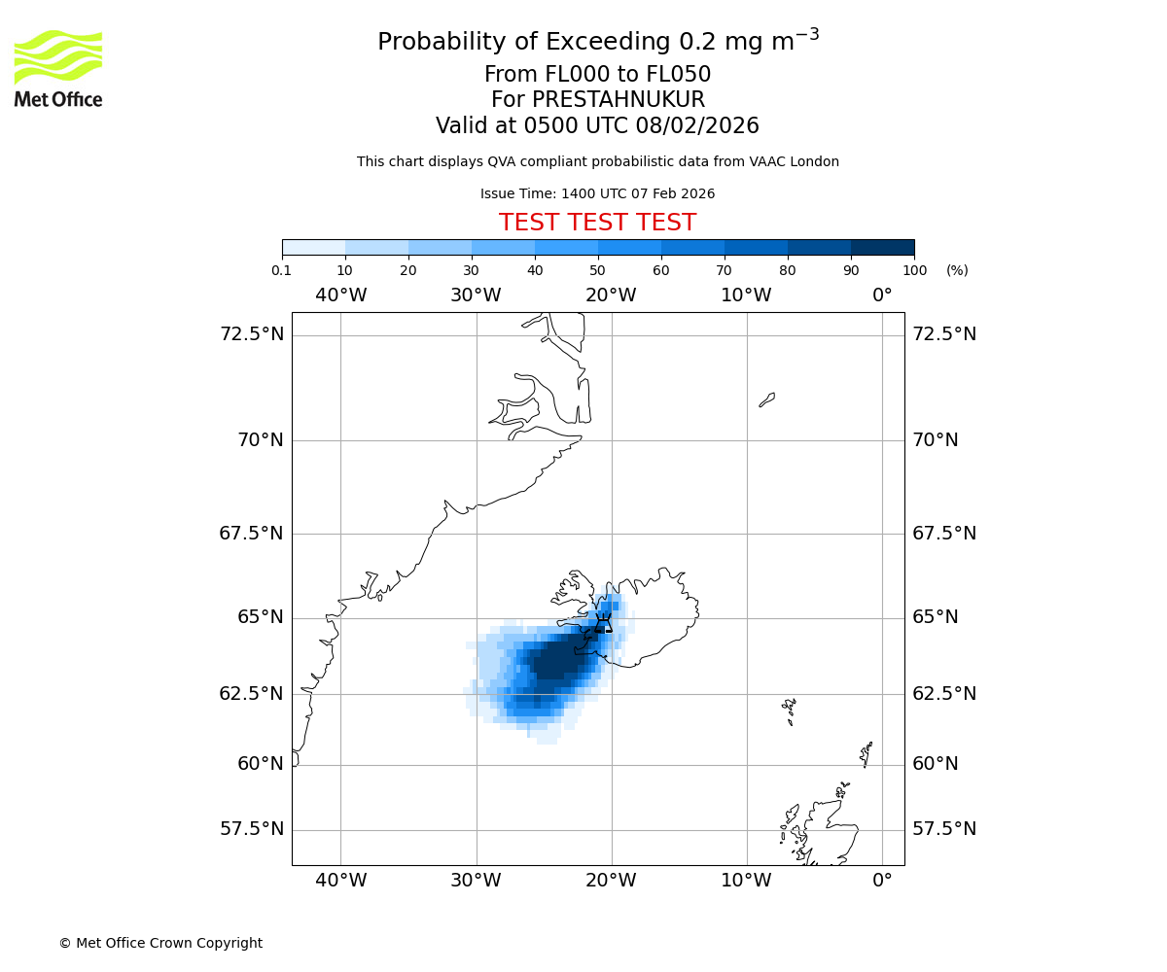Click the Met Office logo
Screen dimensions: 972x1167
pyautogui.click(x=58, y=68)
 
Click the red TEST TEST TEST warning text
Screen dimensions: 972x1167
pyautogui.click(x=597, y=223)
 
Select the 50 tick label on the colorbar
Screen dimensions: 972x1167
pyautogui.click(x=597, y=270)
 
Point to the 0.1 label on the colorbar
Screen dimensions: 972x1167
pyautogui.click(x=282, y=270)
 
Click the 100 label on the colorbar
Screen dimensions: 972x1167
pyautogui.click(x=914, y=270)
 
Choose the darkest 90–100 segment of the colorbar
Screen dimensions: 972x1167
pyautogui.click(x=882, y=247)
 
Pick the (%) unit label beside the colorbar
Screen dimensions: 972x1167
pyautogui.click(x=957, y=270)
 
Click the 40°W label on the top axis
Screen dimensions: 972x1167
pyautogui.click(x=341, y=295)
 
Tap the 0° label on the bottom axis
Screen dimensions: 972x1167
pyautogui.click(x=882, y=881)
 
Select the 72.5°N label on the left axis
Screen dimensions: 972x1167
pyautogui.click(x=252, y=334)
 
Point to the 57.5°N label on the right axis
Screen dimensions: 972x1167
pyautogui.click(x=943, y=829)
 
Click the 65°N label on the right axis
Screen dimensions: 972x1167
pyautogui.click(x=935, y=617)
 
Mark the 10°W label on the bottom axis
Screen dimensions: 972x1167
pyautogui.click(x=746, y=881)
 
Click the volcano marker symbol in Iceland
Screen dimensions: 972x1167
pyautogui.click(x=603, y=624)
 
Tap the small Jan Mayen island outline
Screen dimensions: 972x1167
pyautogui.click(x=767, y=399)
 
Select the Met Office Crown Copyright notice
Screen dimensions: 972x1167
pyautogui.click(x=160, y=943)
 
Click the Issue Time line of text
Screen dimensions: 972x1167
pyautogui.click(x=597, y=193)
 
